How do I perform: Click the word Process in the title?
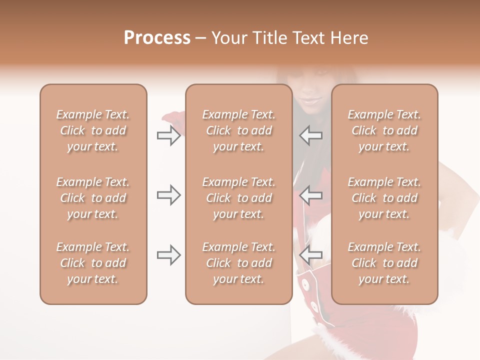[157, 38]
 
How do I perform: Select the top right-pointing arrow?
[168, 135]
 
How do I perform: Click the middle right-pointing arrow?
[168, 195]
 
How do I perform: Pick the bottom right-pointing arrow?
[168, 255]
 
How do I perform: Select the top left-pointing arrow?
[311, 135]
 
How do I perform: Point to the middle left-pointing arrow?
[311, 195]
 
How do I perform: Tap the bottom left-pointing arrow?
[311, 255]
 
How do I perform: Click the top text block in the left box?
[93, 130]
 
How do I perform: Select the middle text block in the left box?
[93, 198]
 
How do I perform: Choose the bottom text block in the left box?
[93, 263]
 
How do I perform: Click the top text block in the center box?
[238, 130]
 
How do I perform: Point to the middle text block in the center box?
[238, 198]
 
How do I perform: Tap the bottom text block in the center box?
[238, 263]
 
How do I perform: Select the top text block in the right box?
[384, 130]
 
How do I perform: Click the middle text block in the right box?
[384, 198]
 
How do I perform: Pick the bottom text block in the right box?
[384, 263]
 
